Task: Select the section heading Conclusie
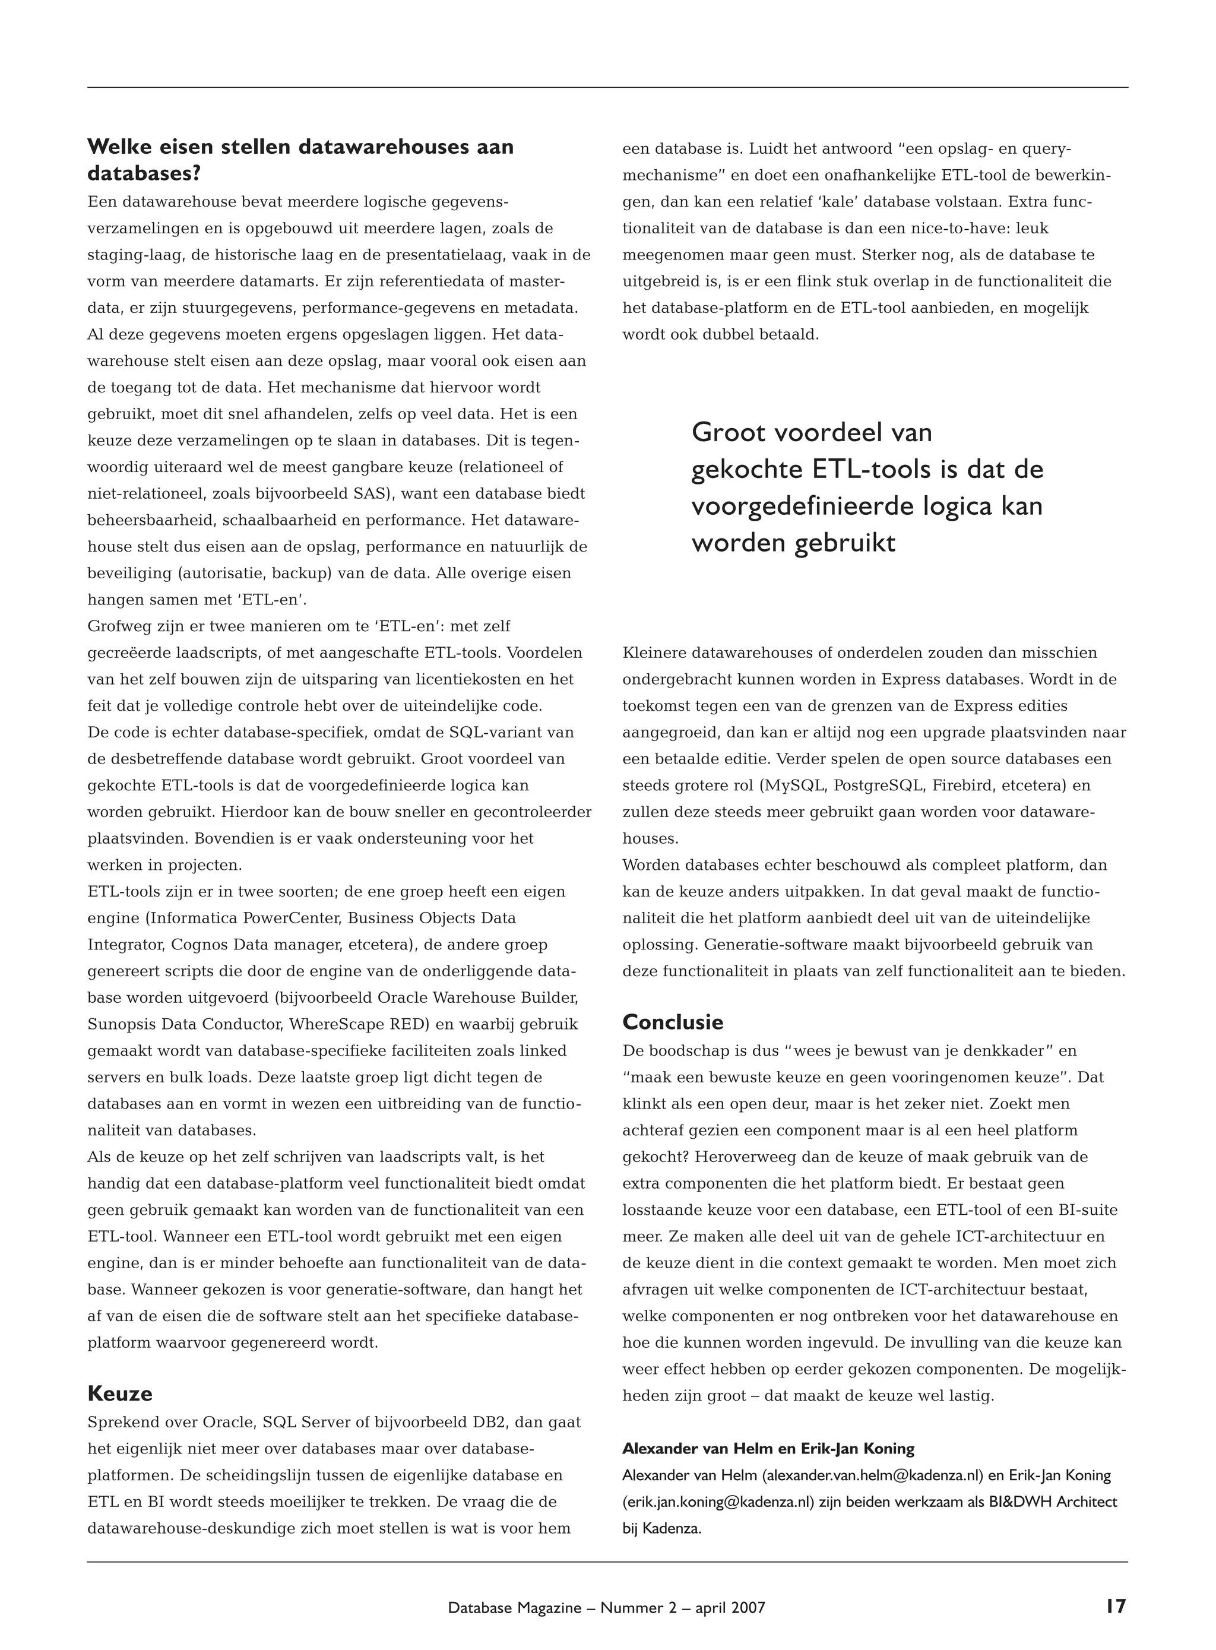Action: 673,1022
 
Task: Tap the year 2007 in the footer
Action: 748,1607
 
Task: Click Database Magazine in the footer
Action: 515,1607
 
